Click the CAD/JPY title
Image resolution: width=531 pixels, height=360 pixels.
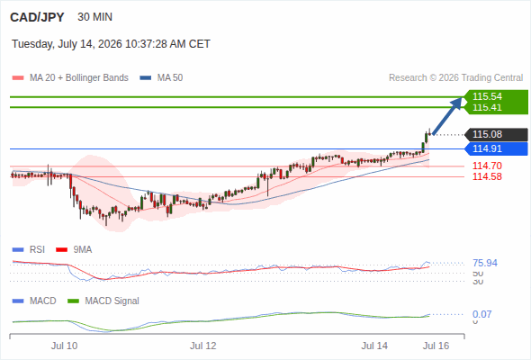37,17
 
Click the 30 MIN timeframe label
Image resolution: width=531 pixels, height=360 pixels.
94,17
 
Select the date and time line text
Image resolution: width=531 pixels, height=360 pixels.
111,44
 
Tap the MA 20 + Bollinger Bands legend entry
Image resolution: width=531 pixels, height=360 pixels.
70,78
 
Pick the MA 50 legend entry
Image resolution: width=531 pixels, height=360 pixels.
161,78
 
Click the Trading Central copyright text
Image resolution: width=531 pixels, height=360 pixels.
455,78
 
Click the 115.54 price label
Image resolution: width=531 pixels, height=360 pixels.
487,96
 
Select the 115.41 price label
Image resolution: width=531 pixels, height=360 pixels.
487,107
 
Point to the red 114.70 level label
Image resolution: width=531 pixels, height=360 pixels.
487,166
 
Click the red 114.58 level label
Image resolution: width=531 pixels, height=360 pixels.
487,176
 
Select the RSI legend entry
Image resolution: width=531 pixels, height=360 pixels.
29,250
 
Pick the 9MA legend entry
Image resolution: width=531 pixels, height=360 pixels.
74,250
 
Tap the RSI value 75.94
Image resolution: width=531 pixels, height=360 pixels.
485,263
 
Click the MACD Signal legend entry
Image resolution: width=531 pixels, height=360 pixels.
103,301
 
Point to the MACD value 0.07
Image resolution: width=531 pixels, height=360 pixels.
481,314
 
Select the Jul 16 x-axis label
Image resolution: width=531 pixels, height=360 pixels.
436,346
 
